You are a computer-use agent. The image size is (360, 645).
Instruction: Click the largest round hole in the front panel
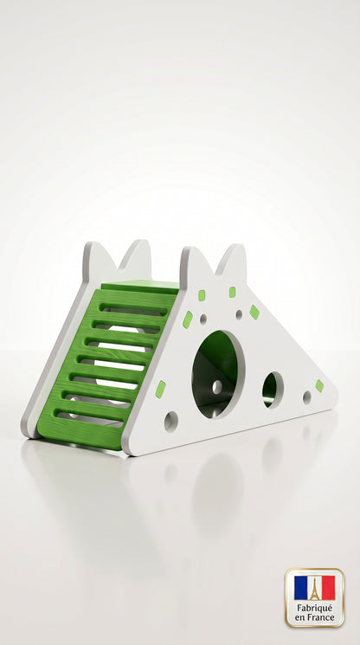click(218, 374)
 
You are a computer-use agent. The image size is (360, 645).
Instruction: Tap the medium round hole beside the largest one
click(273, 390)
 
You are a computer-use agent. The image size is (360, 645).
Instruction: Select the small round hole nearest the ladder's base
click(171, 422)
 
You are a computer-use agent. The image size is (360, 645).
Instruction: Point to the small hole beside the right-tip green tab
click(307, 397)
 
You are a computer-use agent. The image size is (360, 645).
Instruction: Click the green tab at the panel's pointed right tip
click(319, 385)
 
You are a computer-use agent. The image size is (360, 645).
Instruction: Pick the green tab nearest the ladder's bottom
click(160, 389)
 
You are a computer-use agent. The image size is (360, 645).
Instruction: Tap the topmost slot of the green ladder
click(133, 309)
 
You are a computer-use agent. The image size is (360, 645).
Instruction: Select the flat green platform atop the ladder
click(140, 287)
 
